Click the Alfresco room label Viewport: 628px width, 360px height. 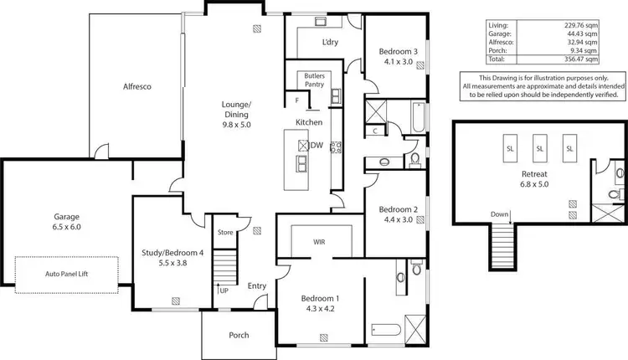(136, 86)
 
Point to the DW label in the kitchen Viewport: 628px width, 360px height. (317, 145)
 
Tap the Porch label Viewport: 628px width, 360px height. (239, 336)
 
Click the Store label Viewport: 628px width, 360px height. (225, 232)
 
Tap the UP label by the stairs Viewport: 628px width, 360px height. (224, 291)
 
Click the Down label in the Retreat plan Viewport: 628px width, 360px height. (500, 215)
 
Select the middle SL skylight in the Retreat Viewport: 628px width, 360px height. (539, 148)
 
